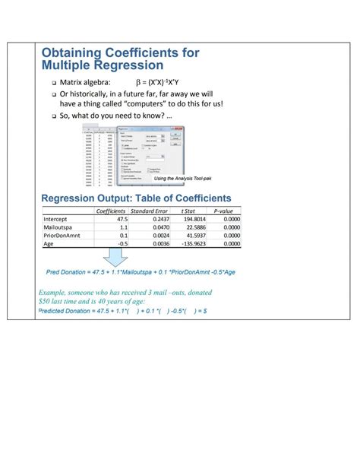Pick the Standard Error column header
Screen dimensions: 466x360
149,211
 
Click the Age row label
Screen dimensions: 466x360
49,244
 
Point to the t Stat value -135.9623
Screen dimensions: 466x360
191,244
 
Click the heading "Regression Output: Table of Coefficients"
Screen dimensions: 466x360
136,198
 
